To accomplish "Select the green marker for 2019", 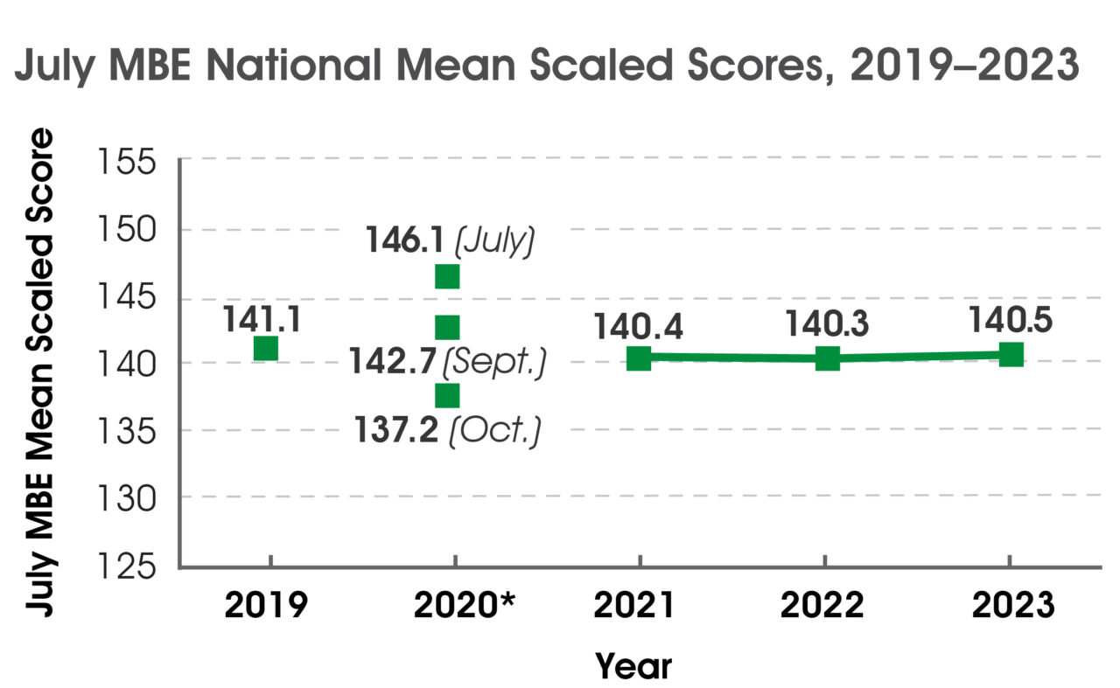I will pyautogui.click(x=266, y=348).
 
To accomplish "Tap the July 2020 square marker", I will pyautogui.click(x=447, y=276).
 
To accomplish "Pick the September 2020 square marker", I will pyautogui.click(x=447, y=327).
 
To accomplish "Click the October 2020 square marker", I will pyautogui.click(x=447, y=395).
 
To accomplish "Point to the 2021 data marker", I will pyautogui.click(x=639, y=358).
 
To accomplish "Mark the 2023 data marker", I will pyautogui.click(x=1011, y=354).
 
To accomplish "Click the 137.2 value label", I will pyautogui.click(x=396, y=430).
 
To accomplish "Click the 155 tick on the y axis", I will pyautogui.click(x=130, y=163).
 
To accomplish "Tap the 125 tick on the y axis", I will pyautogui.click(x=130, y=568).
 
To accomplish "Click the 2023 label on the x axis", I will pyautogui.click(x=1011, y=605).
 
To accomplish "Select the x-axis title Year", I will pyautogui.click(x=633, y=666).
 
